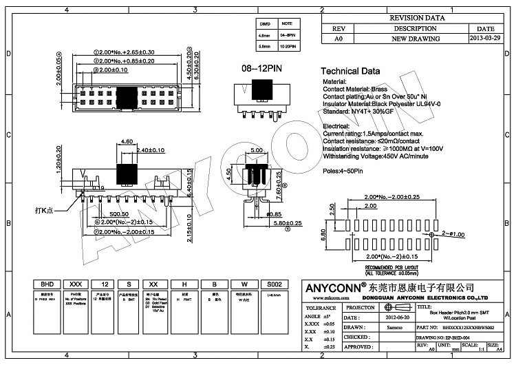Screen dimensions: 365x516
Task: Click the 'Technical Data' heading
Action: [x=350, y=72]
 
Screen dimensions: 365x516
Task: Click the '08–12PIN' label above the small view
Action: [x=259, y=70]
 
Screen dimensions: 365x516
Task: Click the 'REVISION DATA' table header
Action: [x=416, y=19]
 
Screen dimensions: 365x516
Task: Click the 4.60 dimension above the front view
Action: [x=127, y=141]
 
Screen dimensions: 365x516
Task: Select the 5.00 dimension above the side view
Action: [x=257, y=150]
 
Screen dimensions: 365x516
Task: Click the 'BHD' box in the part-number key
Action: [x=47, y=284]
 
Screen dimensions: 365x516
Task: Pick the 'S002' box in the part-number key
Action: [x=255, y=284]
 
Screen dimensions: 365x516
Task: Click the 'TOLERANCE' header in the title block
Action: [x=321, y=308]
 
